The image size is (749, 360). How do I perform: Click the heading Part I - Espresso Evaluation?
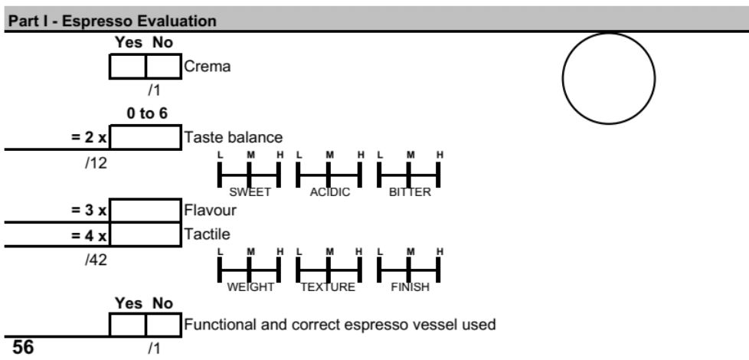(113, 21)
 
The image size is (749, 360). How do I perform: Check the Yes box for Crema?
(128, 66)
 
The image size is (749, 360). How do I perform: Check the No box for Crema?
(163, 66)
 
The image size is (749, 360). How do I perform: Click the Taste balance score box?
(146, 138)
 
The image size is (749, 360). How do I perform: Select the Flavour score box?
(146, 211)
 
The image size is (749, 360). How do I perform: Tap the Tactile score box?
(146, 234)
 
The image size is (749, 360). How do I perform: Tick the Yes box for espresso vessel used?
(128, 325)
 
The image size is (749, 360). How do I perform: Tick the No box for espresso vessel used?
(163, 325)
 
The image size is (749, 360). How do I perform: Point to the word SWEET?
(250, 192)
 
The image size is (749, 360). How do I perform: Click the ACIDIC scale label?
(329, 192)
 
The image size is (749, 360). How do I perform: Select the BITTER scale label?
(410, 192)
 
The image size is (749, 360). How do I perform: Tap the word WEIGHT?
(250, 287)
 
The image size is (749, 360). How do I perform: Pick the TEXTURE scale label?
(328, 287)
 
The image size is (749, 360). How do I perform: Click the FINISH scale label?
(410, 287)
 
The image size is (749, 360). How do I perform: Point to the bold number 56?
(24, 347)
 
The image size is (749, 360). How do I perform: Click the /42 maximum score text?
(96, 260)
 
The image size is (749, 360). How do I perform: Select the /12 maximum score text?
(96, 163)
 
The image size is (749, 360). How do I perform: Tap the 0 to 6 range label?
(147, 113)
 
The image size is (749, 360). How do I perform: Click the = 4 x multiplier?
(90, 235)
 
